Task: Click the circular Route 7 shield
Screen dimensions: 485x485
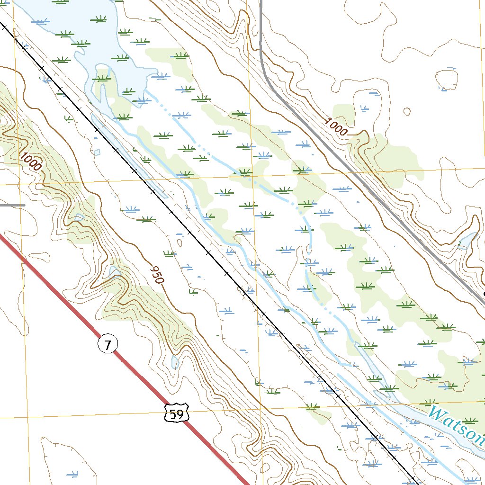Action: pyautogui.click(x=108, y=345)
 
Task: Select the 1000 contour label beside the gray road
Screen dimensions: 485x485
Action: pyautogui.click(x=336, y=127)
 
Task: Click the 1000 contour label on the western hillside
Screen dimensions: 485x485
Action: pyautogui.click(x=31, y=162)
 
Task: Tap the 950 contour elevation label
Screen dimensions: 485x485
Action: pyautogui.click(x=156, y=275)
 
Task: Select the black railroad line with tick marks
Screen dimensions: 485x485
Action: pyautogui.click(x=189, y=232)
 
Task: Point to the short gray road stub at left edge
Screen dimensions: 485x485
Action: pyautogui.click(x=12, y=205)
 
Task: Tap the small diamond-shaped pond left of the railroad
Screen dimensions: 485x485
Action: pyautogui.click(x=97, y=153)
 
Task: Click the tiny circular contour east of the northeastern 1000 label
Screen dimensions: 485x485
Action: pyautogui.click(x=407, y=112)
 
